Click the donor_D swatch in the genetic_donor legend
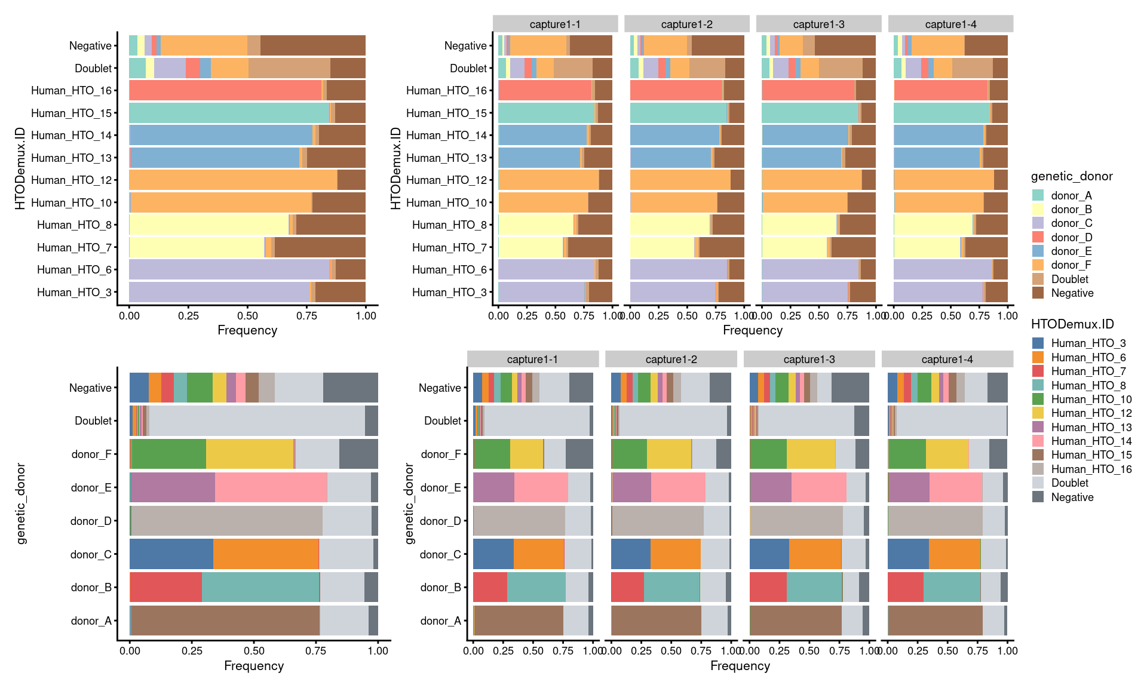[1038, 237]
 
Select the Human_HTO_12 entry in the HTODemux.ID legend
[1091, 413]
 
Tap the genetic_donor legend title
[1071, 176]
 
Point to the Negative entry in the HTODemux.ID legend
[1072, 497]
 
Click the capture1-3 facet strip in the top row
[818, 24]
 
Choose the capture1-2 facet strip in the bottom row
[671, 359]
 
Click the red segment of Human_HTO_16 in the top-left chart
[225, 90]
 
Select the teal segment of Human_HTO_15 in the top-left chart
[229, 113]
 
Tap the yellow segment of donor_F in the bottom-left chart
[250, 454]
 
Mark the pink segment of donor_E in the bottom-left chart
[271, 487]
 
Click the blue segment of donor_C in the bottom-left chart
[171, 554]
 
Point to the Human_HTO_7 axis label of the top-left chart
[74, 247]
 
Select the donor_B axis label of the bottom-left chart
[91, 588]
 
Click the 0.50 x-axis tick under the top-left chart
[247, 315]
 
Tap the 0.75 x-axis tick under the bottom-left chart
[316, 651]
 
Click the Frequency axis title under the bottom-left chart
[254, 666]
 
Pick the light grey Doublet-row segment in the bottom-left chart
[257, 420]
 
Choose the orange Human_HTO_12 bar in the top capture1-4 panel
[944, 180]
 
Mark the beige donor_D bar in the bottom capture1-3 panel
[796, 521]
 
